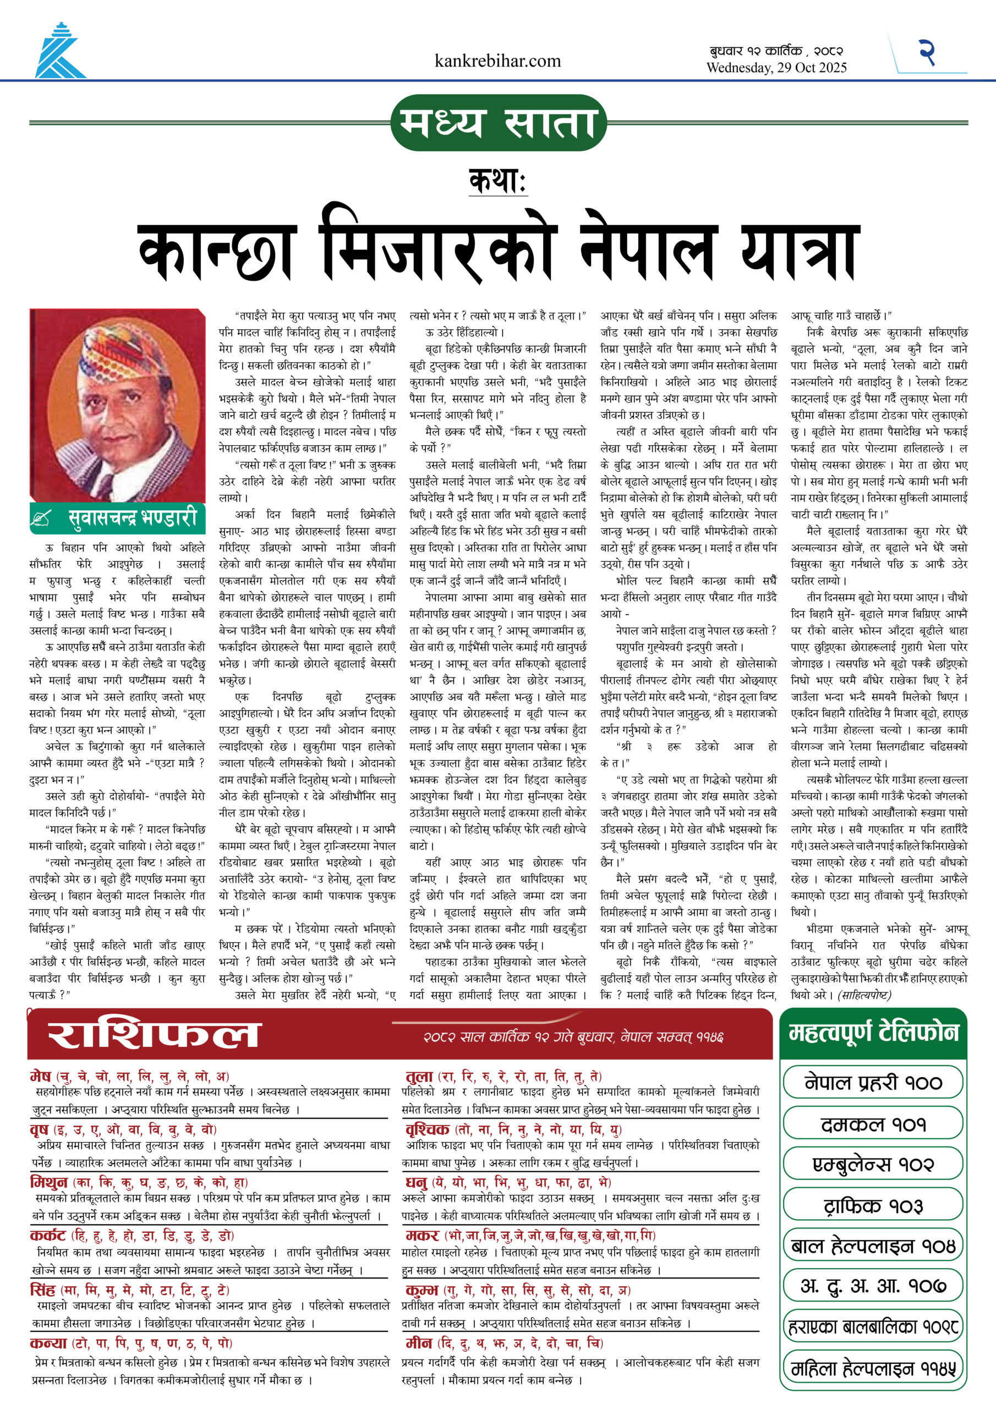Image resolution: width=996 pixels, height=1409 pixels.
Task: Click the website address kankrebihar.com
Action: (x=497, y=61)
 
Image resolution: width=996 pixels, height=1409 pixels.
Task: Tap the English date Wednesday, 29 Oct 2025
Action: (x=776, y=68)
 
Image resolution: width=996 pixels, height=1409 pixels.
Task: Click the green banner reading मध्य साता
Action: (x=497, y=122)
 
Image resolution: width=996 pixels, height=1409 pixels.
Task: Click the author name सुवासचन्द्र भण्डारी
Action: (x=133, y=518)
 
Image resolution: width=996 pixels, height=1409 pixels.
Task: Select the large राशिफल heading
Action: (x=154, y=1035)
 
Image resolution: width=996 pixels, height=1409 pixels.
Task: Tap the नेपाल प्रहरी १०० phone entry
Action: (x=873, y=1083)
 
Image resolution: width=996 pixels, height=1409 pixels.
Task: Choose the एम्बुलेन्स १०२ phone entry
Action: (x=873, y=1164)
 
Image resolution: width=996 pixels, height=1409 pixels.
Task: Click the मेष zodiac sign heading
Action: (x=41, y=1076)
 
